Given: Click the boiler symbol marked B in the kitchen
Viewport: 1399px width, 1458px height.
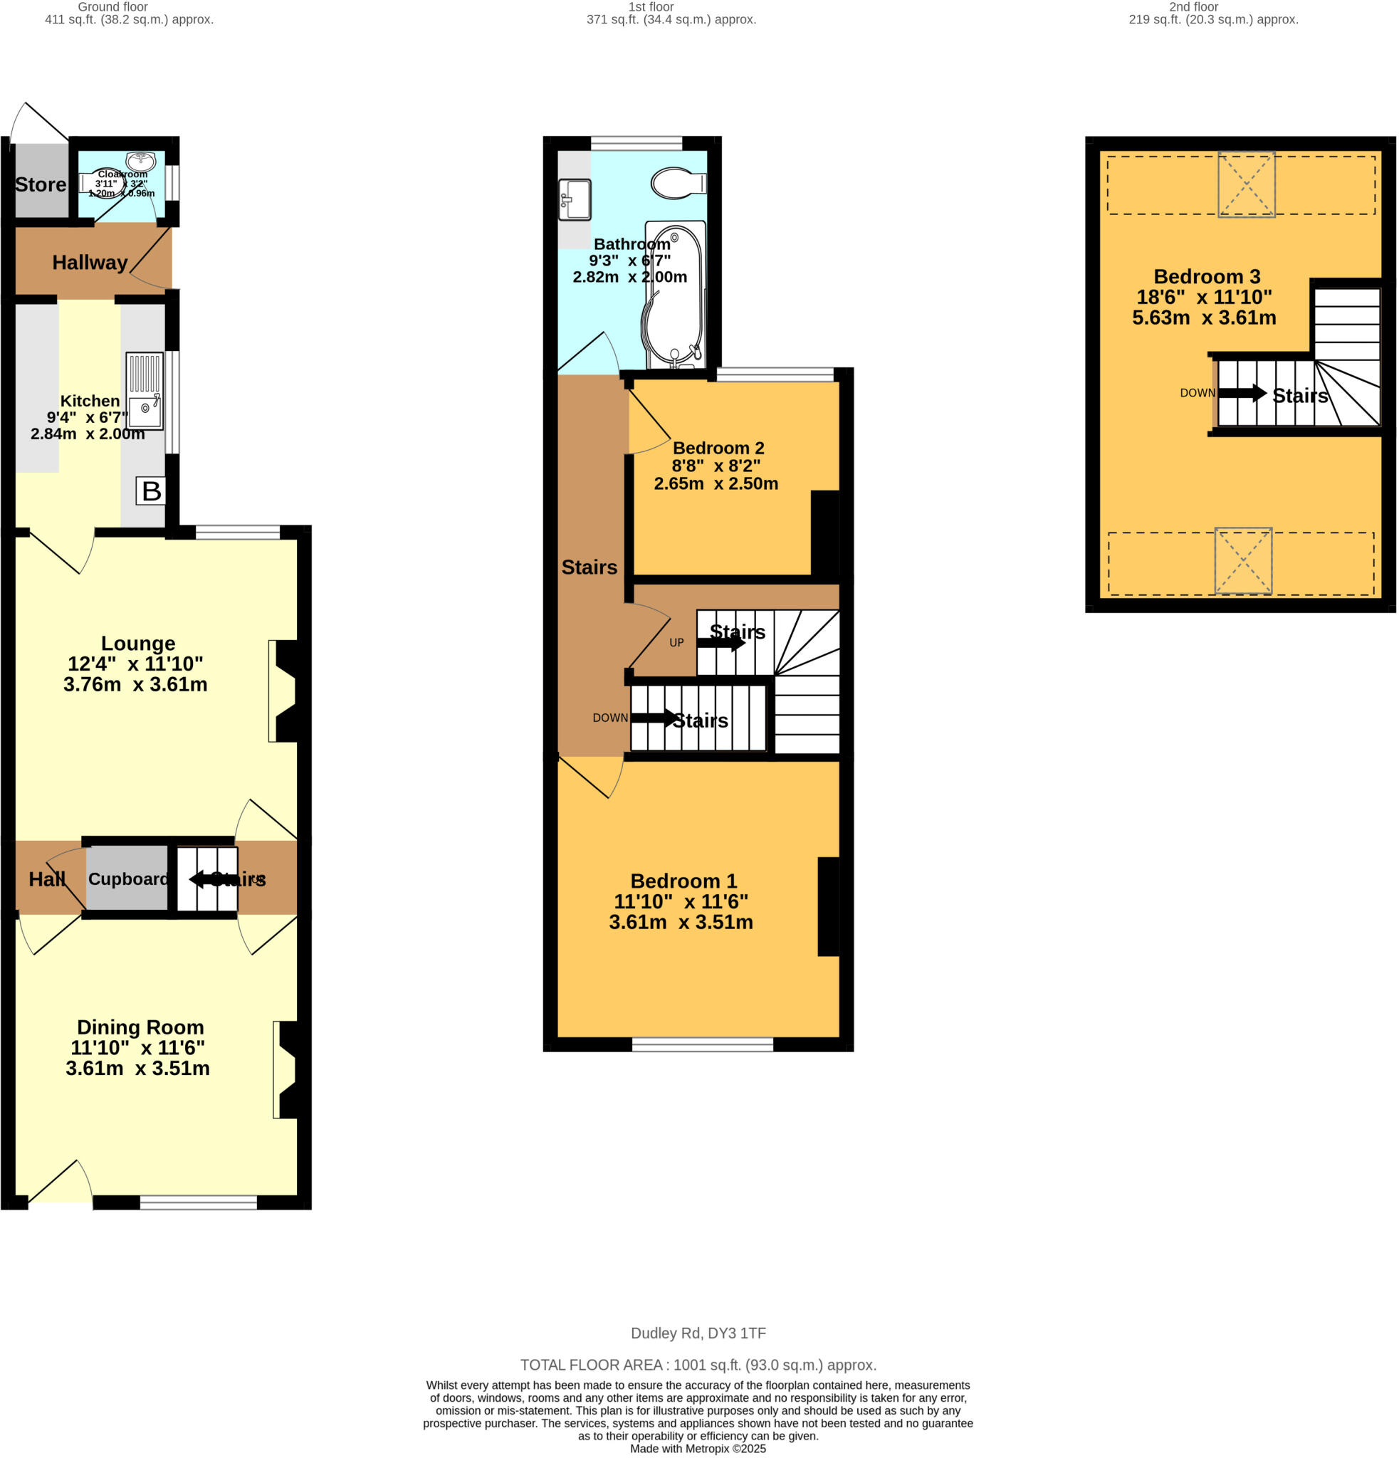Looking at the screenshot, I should (150, 491).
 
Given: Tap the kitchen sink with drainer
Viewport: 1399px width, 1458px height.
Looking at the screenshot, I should (145, 392).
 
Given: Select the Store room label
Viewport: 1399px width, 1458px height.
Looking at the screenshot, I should (40, 184).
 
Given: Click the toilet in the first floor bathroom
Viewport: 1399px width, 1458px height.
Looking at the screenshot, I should (678, 183).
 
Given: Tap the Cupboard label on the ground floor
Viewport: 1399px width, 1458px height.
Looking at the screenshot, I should (128, 879).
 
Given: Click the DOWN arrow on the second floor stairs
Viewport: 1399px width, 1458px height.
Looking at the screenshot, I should (1242, 393).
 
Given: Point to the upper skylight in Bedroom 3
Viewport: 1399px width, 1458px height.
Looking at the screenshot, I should (1246, 184).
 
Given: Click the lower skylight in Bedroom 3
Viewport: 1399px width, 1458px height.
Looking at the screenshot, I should (1243, 560).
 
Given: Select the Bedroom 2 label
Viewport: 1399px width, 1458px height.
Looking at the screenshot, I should (718, 448).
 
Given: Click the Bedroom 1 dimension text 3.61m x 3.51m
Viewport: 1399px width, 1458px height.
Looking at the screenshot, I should (681, 922).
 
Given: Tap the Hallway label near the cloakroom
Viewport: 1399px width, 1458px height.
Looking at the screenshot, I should (89, 262).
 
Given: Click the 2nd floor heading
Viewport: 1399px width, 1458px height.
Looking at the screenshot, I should (1193, 6).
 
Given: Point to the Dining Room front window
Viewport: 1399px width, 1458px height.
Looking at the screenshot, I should (199, 1202).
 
